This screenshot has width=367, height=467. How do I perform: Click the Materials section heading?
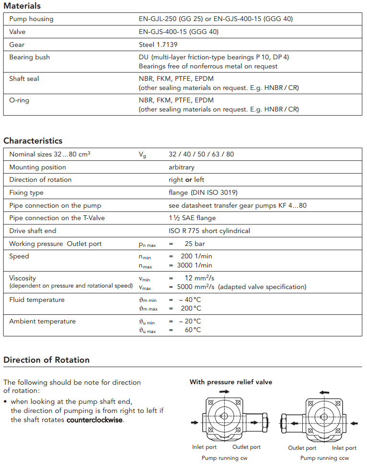click(x=22, y=6)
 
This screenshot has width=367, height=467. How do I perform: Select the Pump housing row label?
click(x=31, y=19)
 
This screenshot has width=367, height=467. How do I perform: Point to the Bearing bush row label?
click(x=29, y=57)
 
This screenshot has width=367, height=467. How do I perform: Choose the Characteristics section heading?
click(x=33, y=141)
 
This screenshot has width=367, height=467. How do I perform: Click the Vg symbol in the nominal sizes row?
click(x=142, y=155)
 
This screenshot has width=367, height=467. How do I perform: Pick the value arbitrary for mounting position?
click(x=182, y=167)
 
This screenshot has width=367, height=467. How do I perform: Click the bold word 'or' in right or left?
click(x=188, y=180)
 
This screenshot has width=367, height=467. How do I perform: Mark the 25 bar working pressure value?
click(x=195, y=244)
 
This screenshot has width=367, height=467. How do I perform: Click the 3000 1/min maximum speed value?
click(x=196, y=265)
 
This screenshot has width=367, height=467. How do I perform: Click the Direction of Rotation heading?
click(x=46, y=360)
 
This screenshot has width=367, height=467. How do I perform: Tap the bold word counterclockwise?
click(x=95, y=420)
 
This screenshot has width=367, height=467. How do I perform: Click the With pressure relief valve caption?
click(x=231, y=382)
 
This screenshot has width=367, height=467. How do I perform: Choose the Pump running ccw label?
click(x=325, y=458)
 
